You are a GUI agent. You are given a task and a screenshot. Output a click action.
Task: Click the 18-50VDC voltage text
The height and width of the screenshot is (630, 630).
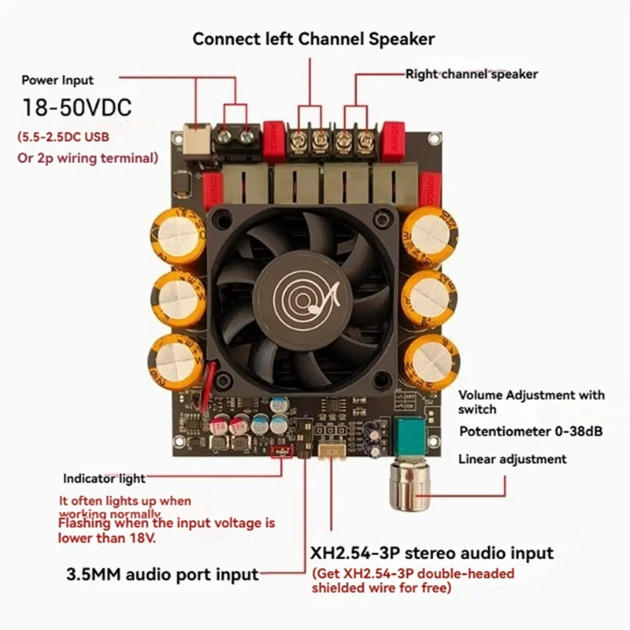(x=76, y=107)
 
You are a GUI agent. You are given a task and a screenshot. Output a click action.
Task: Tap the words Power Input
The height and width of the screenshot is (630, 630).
(x=57, y=80)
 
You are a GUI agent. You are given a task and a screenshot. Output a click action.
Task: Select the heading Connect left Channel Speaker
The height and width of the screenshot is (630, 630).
(x=313, y=38)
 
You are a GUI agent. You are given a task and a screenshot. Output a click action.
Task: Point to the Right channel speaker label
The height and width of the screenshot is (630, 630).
(x=471, y=74)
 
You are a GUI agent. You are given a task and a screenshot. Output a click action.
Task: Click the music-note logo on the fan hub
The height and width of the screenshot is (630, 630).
(x=304, y=298)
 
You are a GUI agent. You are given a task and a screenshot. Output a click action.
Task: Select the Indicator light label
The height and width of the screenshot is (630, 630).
(x=104, y=478)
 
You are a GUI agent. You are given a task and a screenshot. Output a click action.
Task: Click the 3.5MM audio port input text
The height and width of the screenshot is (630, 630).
(x=160, y=573)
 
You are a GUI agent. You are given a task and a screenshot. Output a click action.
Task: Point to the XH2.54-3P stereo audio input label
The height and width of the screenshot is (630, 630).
(x=432, y=553)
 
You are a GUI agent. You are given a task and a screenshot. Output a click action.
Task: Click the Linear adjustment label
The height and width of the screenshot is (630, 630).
(x=512, y=459)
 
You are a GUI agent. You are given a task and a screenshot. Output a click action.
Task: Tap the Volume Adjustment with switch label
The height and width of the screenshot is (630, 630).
(x=532, y=402)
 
